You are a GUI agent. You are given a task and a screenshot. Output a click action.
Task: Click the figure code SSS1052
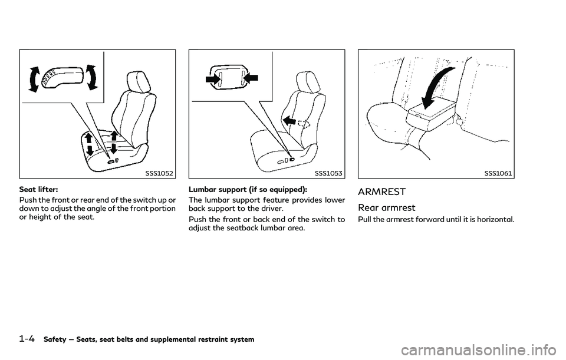point(159,173)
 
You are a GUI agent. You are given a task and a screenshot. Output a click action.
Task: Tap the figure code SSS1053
point(328,173)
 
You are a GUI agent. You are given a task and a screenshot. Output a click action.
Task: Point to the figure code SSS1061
point(498,173)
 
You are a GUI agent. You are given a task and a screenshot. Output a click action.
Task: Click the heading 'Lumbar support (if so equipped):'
point(248,189)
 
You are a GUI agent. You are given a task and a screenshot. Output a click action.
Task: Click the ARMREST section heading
point(382,192)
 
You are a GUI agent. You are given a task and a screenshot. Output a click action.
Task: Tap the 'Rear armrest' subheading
point(387,208)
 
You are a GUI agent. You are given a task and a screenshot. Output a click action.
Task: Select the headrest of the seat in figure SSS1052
point(136,81)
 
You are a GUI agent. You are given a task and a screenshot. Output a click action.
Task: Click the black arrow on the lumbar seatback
point(290,120)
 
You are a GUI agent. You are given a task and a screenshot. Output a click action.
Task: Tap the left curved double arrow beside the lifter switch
point(34,79)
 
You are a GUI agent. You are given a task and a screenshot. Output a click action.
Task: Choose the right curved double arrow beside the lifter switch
point(91,77)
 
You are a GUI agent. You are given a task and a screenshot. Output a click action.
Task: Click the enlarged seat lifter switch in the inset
point(61,77)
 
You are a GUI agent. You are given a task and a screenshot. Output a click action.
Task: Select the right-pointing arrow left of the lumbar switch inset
point(213,80)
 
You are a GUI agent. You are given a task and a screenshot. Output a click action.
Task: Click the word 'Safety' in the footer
point(54,339)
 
